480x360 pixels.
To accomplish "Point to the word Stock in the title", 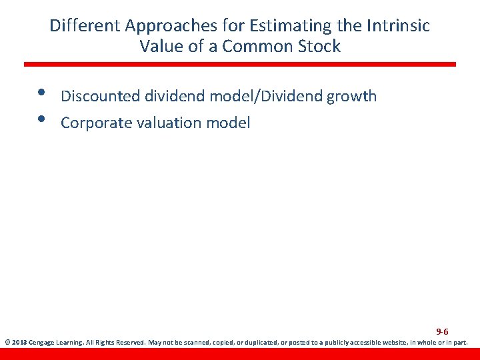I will [x=319, y=46].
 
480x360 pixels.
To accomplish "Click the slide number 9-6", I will [x=442, y=331].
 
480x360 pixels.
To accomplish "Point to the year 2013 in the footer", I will [x=19, y=343].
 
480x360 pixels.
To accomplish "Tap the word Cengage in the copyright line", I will [x=41, y=343].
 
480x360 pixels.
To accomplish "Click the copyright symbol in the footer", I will [x=7, y=343].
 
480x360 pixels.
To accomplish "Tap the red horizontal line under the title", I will [x=240, y=64].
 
